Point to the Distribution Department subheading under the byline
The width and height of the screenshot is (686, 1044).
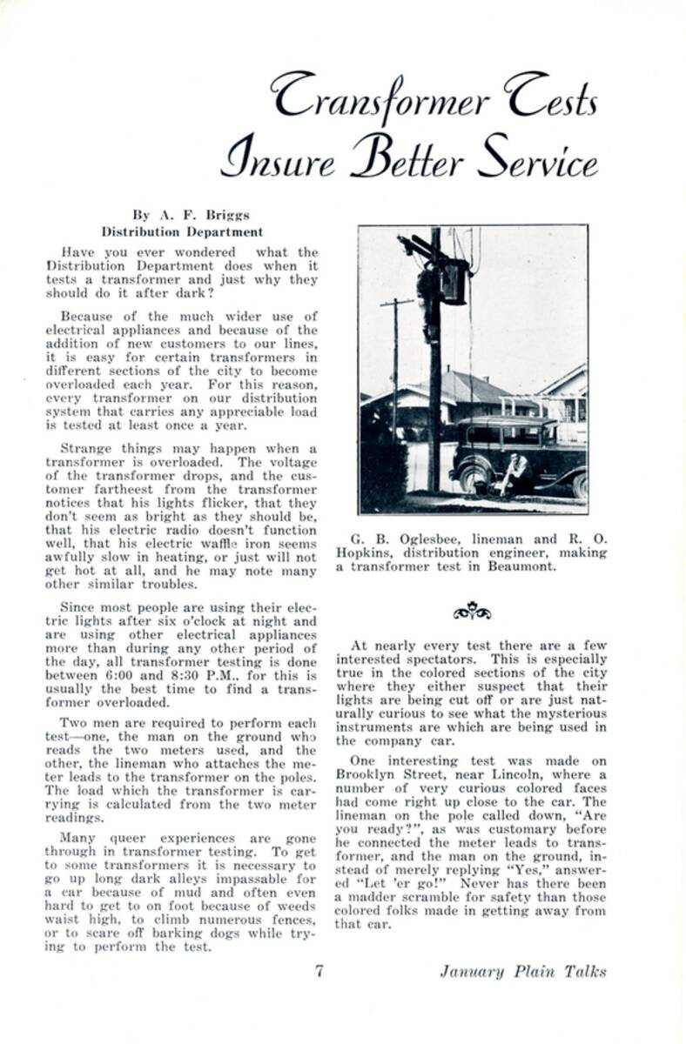coord(182,232)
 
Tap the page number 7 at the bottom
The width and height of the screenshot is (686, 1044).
coord(319,971)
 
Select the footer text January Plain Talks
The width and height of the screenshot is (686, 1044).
coord(522,972)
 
